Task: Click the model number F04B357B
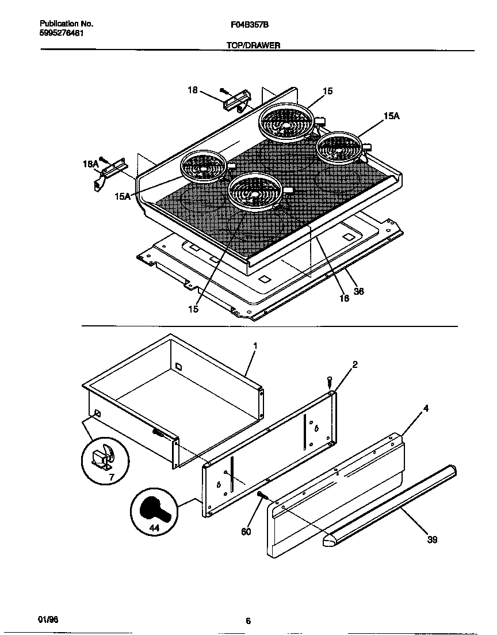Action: (248, 25)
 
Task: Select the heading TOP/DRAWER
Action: (253, 45)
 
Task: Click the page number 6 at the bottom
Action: (248, 621)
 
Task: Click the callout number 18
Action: (193, 90)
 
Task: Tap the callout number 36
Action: (358, 291)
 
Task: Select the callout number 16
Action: (343, 298)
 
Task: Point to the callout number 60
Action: (246, 531)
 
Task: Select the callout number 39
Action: (432, 539)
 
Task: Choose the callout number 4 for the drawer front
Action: (426, 409)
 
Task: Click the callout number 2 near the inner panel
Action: (355, 364)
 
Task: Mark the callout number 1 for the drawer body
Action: (254, 345)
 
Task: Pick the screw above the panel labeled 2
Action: (330, 381)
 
